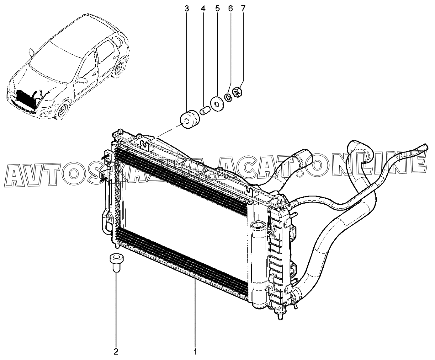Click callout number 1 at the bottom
pyautogui.click(x=195, y=351)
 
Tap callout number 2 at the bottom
pyautogui.click(x=116, y=351)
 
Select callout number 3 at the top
pyautogui.click(x=187, y=9)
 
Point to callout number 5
pyautogui.click(x=217, y=9)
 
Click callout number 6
pyautogui.click(x=231, y=9)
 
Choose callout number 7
pyautogui.click(x=243, y=9)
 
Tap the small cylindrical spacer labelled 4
pyautogui.click(x=204, y=111)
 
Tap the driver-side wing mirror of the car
pyautogui.click(x=82, y=80)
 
